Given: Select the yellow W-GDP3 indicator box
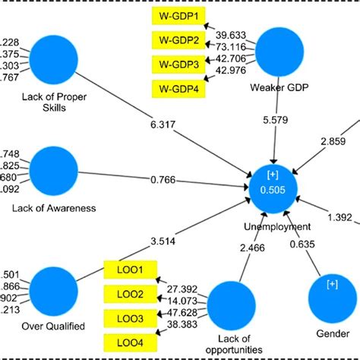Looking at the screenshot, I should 179,65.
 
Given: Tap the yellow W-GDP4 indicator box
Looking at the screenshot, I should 179,90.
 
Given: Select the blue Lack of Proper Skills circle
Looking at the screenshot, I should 55,61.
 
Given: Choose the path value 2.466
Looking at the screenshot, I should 252,248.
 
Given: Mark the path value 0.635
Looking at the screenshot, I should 302,245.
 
